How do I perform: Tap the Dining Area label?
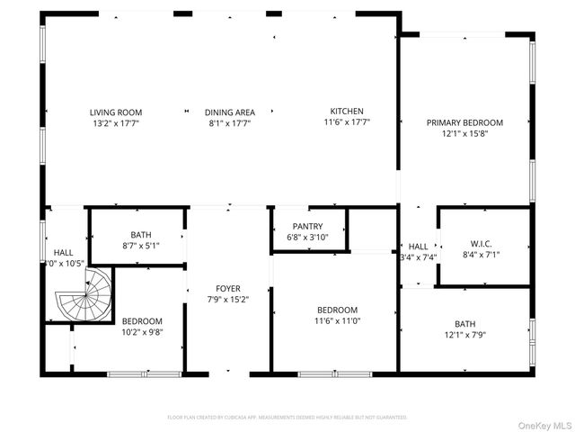point(229,112)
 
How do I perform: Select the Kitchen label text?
point(346,112)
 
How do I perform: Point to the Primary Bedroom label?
point(464,122)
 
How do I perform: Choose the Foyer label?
point(228,289)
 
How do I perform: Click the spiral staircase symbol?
point(84,297)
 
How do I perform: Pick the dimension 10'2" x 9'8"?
point(142,332)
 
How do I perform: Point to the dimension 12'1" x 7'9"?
point(464,335)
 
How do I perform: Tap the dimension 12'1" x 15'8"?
point(464,133)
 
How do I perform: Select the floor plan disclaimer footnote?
point(287,418)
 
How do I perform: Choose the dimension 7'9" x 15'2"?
point(228,300)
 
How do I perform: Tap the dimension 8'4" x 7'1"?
point(482,256)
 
